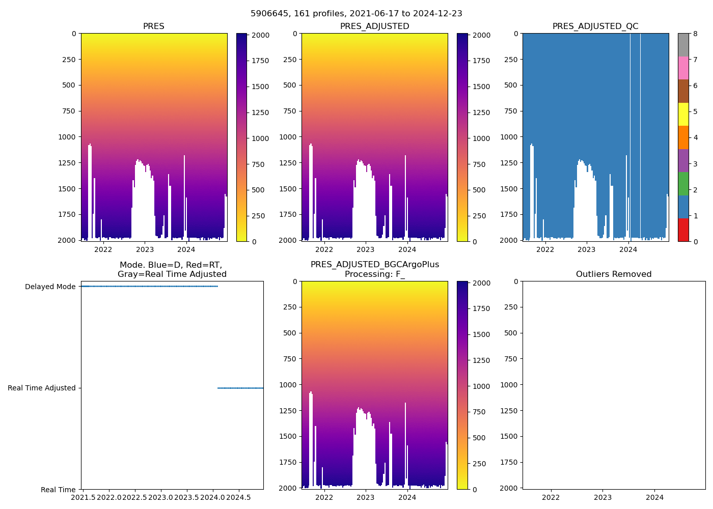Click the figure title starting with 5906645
(356, 14)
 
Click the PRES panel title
(153, 26)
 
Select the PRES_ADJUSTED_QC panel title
(595, 26)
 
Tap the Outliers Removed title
(614, 274)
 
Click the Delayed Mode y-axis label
(50, 287)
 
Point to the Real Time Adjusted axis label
(42, 388)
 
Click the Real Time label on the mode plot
(58, 490)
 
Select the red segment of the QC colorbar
(683, 230)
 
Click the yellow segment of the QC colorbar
(683, 114)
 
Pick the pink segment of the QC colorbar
(683, 68)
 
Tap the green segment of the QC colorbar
(683, 183)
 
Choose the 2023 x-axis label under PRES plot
(145, 249)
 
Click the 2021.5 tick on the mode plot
(83, 497)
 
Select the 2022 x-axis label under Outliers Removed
(551, 497)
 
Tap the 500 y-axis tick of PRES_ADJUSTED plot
(289, 85)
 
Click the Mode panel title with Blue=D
(172, 270)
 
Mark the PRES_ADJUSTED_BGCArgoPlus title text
(374, 265)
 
